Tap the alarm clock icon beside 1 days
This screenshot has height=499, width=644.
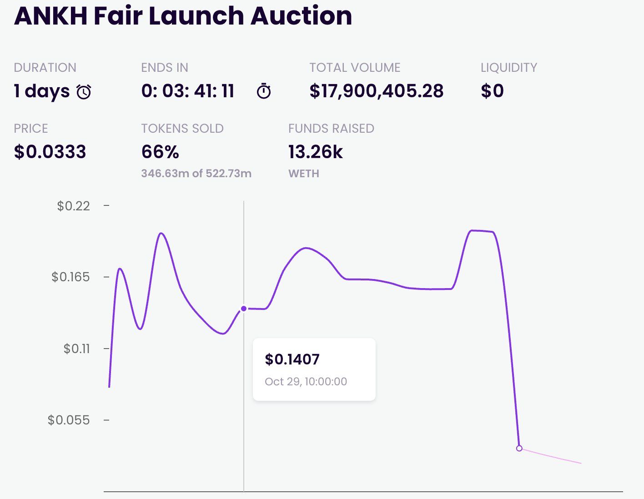[84, 92]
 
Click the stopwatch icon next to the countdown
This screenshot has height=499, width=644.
[264, 91]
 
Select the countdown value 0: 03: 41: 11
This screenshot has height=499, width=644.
[188, 91]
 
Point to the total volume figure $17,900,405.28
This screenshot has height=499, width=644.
[376, 91]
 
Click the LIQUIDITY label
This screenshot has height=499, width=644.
[508, 68]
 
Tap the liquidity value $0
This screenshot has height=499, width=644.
[492, 91]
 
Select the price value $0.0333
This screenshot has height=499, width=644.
[50, 152]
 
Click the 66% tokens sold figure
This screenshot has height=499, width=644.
[160, 152]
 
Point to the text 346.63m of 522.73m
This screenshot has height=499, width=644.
[196, 174]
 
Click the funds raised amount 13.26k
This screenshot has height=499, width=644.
[315, 152]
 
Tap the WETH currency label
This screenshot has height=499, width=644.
[303, 174]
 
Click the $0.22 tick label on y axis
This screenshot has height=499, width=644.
[73, 206]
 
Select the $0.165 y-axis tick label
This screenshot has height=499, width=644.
[70, 277]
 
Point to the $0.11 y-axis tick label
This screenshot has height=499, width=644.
[76, 349]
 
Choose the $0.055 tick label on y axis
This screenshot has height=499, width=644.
[69, 420]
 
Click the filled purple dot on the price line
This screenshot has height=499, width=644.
[244, 309]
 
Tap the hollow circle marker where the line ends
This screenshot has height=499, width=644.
[519, 448]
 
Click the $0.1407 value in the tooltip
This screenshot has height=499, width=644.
[292, 359]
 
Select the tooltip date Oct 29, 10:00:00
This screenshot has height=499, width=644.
[306, 382]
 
